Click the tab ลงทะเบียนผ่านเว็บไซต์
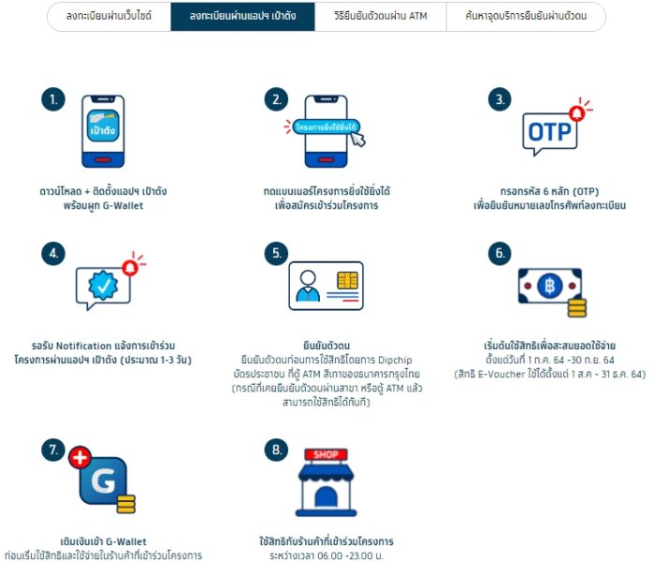tap(109, 16)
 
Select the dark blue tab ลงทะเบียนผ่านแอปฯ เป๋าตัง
tap(242, 16)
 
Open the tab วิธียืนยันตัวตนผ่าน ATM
tap(381, 16)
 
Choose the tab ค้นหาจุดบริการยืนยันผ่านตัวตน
tap(526, 16)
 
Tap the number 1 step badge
tap(53, 99)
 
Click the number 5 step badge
tap(277, 254)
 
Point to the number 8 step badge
tap(277, 450)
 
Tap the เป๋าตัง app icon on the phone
tap(103, 126)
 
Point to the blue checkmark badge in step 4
tap(103, 285)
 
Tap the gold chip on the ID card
tap(348, 280)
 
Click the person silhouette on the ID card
tap(308, 286)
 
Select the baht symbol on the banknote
tap(550, 286)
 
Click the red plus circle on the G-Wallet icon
tap(80, 458)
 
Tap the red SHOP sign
tap(326, 454)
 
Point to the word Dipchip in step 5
tap(395, 360)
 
